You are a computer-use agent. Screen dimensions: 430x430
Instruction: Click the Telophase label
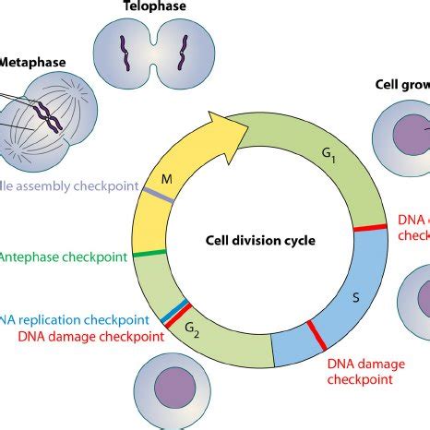(154, 6)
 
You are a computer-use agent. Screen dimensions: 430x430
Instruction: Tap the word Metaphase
(30, 64)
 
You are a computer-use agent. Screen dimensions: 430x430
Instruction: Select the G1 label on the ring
(328, 167)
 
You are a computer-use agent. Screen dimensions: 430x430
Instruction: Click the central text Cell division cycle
(260, 241)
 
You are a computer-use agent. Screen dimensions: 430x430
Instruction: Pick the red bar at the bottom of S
(316, 334)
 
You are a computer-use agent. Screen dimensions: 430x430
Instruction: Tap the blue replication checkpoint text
(74, 318)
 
